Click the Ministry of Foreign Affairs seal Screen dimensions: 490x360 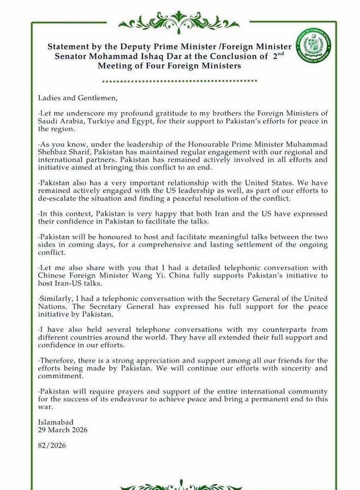point(316,47)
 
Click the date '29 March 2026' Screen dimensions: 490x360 point(63,430)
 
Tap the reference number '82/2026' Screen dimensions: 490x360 point(52,445)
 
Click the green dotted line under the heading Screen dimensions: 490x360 point(180,81)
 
